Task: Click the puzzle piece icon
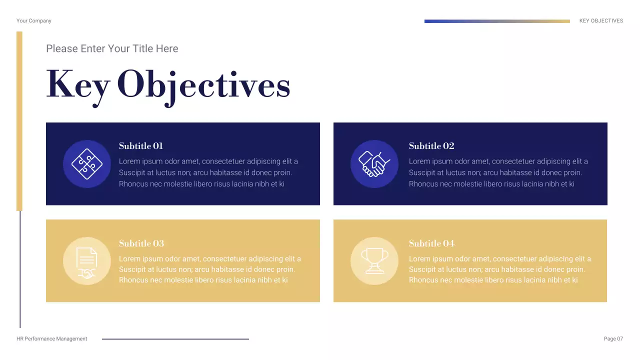pyautogui.click(x=87, y=164)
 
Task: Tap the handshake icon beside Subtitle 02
pyautogui.click(x=374, y=164)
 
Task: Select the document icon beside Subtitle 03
pyautogui.click(x=87, y=261)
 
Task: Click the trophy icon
pyautogui.click(x=374, y=261)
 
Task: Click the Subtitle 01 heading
pyautogui.click(x=141, y=146)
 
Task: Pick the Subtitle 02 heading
pyautogui.click(x=431, y=146)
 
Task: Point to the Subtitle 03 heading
pyautogui.click(x=141, y=243)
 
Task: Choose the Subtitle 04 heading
pyautogui.click(x=431, y=243)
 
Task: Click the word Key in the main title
pyautogui.click(x=78, y=85)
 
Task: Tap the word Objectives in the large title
pyautogui.click(x=203, y=85)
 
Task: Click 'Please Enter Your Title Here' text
pyautogui.click(x=112, y=48)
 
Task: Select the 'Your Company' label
pyautogui.click(x=34, y=21)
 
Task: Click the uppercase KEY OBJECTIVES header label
pyautogui.click(x=601, y=21)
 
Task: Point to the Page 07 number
pyautogui.click(x=613, y=339)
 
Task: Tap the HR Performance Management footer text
pyautogui.click(x=52, y=339)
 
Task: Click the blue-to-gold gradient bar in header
pyautogui.click(x=497, y=21)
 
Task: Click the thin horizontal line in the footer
pyautogui.click(x=175, y=339)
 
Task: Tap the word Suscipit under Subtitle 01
pyautogui.click(x=132, y=172)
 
